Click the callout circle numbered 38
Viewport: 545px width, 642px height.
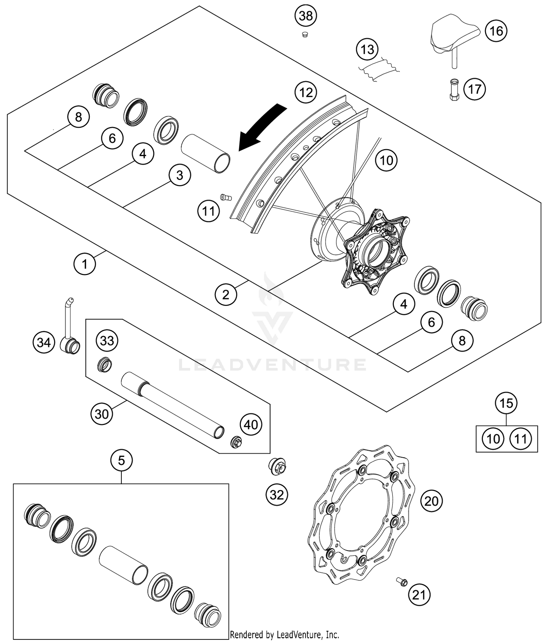coord(306,16)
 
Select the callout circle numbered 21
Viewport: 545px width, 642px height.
coord(419,595)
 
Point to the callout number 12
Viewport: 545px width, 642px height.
coord(306,92)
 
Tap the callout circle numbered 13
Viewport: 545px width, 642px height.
coord(367,49)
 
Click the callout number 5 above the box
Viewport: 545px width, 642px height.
coord(121,461)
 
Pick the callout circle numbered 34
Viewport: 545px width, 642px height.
coord(44,342)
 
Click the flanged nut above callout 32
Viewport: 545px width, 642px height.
coord(277,466)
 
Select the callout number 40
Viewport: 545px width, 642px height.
coord(251,424)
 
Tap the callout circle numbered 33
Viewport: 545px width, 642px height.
coord(107,341)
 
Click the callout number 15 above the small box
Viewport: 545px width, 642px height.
coord(506,403)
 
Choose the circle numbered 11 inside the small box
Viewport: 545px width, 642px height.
coord(521,439)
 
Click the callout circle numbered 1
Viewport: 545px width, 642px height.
coord(85,264)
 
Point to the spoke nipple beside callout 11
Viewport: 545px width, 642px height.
coord(226,197)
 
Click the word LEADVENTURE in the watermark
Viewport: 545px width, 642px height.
coord(272,364)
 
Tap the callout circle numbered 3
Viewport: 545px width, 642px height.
coord(179,175)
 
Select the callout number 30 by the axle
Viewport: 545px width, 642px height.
coord(102,413)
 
